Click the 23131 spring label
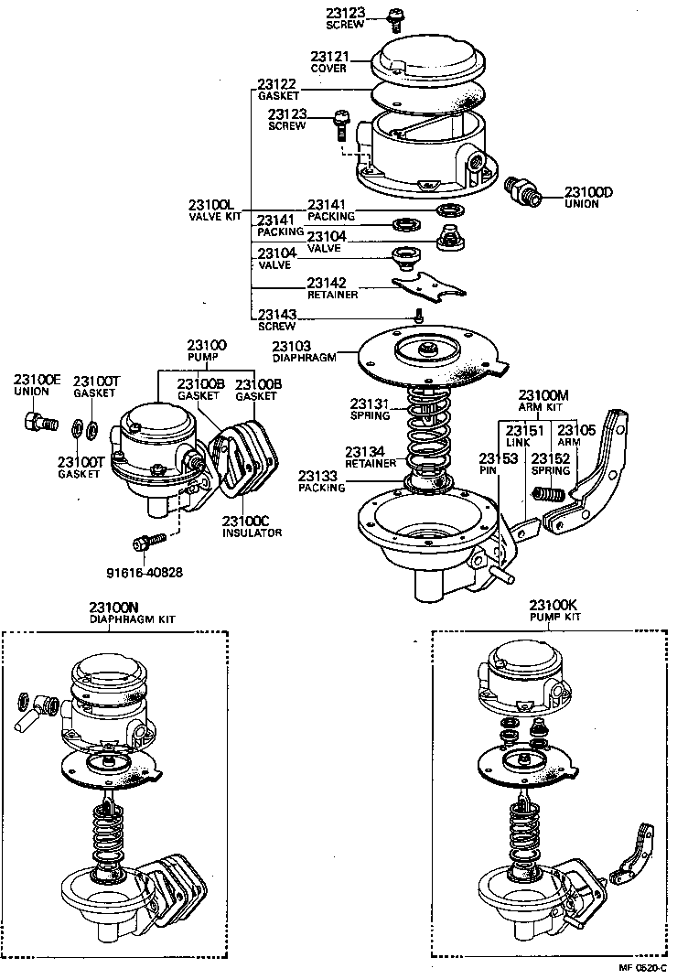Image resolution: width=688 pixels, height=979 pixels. point(371,409)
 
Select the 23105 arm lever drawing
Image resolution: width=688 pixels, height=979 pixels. point(599,476)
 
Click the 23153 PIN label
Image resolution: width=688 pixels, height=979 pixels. point(490,464)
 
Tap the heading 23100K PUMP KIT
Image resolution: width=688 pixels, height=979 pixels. point(554,611)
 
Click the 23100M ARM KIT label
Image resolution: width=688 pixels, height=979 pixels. point(544,401)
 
